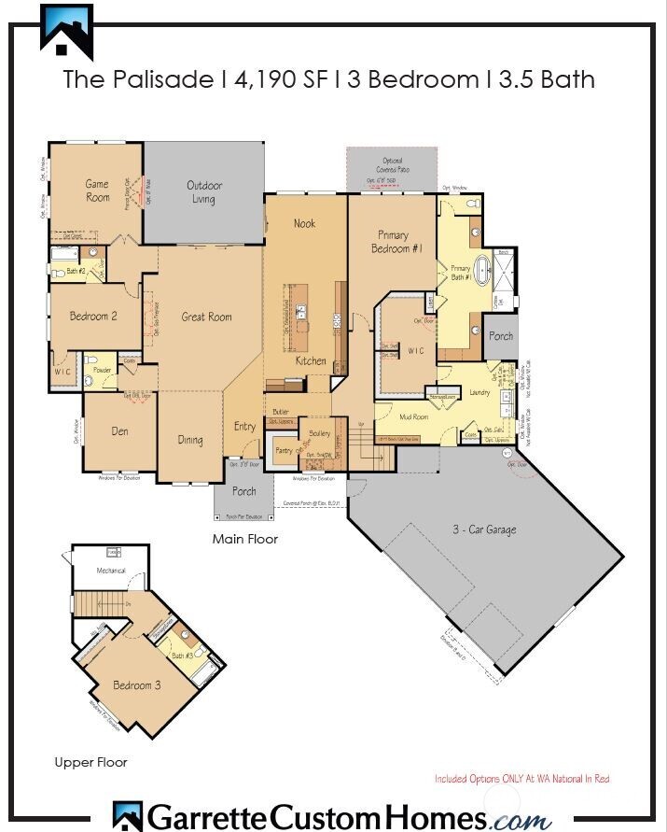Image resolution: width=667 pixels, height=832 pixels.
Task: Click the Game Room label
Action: [98, 190]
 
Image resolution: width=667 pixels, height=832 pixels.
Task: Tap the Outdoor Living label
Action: [203, 191]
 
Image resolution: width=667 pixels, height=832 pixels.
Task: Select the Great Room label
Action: [206, 317]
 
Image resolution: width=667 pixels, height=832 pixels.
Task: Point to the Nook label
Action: [304, 223]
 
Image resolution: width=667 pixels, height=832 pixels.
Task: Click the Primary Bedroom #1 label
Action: [401, 242]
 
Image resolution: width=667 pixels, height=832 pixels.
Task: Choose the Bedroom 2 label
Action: [93, 317]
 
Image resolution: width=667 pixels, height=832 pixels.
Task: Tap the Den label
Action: [119, 431]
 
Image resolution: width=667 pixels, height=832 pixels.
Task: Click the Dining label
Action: [190, 440]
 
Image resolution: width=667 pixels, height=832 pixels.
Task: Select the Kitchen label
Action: [311, 360]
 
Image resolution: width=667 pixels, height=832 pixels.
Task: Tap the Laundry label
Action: [480, 393]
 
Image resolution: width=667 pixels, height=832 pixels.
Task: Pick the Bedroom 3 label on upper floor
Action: [137, 685]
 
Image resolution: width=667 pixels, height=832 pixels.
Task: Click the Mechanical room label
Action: [112, 571]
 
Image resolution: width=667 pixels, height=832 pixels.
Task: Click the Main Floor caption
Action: [244, 539]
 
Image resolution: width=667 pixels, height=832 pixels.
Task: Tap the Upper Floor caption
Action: [90, 763]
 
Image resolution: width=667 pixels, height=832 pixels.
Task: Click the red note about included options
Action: [521, 778]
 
